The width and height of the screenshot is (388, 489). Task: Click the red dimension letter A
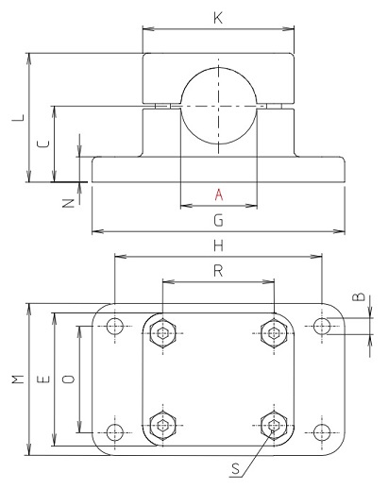click(218, 194)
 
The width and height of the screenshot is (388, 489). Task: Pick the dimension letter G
click(218, 221)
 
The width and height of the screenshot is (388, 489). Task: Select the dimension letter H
click(218, 245)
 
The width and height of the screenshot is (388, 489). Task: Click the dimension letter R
click(218, 271)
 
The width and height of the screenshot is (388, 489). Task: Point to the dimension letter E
click(42, 379)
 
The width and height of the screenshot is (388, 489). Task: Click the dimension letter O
click(67, 379)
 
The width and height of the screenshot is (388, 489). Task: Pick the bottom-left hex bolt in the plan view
click(163, 426)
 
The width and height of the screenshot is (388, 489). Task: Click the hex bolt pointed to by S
click(274, 426)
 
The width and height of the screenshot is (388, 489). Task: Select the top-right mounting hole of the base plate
click(322, 327)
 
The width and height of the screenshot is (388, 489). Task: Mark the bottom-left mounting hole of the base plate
click(115, 432)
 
